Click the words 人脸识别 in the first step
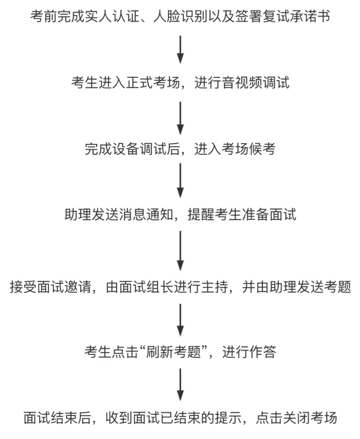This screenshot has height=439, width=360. coord(180,16)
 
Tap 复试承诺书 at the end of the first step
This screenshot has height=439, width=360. coord(296,16)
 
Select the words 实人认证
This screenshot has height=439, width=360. coord(112,16)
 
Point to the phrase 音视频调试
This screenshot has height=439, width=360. coord(256,83)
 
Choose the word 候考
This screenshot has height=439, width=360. coord(262,148)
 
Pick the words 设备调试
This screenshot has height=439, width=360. coord(139,148)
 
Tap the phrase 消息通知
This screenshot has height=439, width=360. coord(146,215)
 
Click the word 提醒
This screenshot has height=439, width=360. coord(201,215)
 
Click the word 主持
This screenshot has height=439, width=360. coord(214,287)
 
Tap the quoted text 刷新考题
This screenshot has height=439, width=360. coord(174,351)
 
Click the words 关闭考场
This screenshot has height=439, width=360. coord(310,418)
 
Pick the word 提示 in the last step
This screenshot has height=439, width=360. coord(228,418)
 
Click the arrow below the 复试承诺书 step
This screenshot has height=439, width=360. coord(180,49)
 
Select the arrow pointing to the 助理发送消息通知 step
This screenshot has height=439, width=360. coord(180,181)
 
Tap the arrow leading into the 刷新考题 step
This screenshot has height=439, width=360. coord(180,320)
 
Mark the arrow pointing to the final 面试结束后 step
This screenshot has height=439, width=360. coord(180,385)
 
